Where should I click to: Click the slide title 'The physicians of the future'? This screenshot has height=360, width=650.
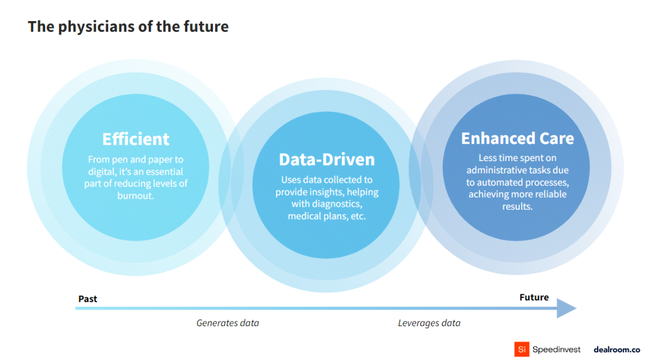128,27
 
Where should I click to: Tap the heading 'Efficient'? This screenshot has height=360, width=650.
135,139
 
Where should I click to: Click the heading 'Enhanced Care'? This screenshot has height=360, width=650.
517,138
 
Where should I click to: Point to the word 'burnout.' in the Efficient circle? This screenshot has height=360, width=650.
135,196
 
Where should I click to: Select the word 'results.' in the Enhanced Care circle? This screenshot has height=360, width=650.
517,207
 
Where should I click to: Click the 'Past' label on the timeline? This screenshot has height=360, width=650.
88,299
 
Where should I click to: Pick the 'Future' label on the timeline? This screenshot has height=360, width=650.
534,297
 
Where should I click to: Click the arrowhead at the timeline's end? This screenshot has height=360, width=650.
566,308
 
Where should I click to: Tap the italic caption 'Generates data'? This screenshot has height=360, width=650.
228,323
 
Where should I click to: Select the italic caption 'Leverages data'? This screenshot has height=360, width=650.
429,323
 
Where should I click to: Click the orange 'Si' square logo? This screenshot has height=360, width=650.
521,349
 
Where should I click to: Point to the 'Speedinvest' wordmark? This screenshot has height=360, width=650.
557,349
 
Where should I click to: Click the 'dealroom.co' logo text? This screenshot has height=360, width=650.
617,349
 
